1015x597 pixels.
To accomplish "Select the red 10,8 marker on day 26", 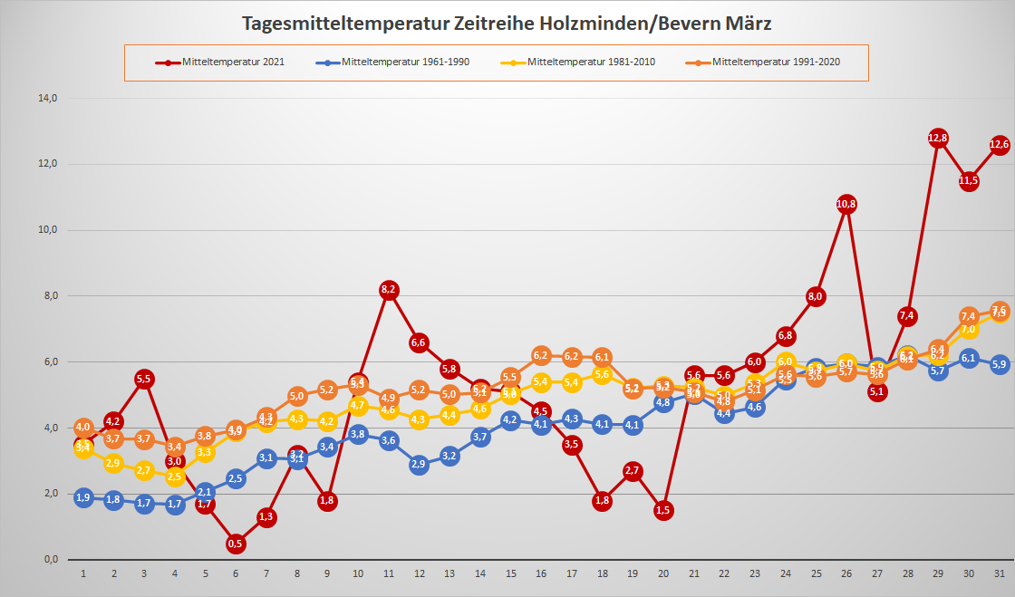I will click(846, 204).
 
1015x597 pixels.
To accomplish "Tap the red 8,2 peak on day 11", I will click(389, 290).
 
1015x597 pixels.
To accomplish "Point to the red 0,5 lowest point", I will click(236, 544).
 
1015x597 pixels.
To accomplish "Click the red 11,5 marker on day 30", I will click(969, 180).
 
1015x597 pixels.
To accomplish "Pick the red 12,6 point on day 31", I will click(1000, 144).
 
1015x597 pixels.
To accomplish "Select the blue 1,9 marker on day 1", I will click(83, 497).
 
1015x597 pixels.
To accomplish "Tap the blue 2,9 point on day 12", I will click(419, 464).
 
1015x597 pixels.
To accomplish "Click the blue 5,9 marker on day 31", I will click(1000, 365).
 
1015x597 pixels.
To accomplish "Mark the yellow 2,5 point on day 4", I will click(175, 477).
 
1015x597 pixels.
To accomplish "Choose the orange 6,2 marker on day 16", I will click(541, 355).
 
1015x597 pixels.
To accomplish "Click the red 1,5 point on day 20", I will click(662, 510).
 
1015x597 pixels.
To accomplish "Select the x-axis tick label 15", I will click(510, 573).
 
